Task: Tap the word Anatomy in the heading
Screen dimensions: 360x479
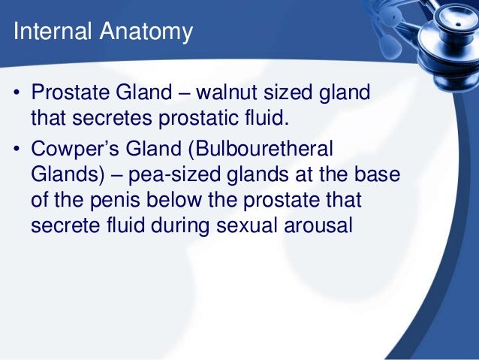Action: (144, 33)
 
